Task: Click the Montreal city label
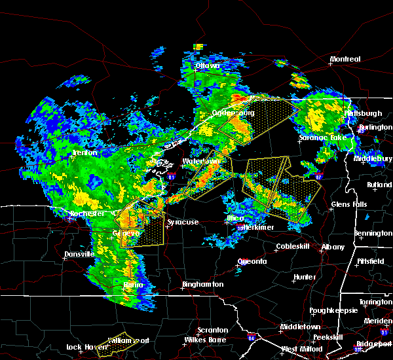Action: tap(345, 60)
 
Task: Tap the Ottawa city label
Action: tap(209, 67)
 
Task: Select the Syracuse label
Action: tap(183, 223)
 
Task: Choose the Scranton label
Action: tap(214, 330)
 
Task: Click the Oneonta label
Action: tap(252, 261)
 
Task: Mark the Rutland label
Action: tap(379, 185)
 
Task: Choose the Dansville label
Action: tap(81, 254)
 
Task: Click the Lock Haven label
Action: tap(86, 347)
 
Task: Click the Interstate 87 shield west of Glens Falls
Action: tap(318, 177)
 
